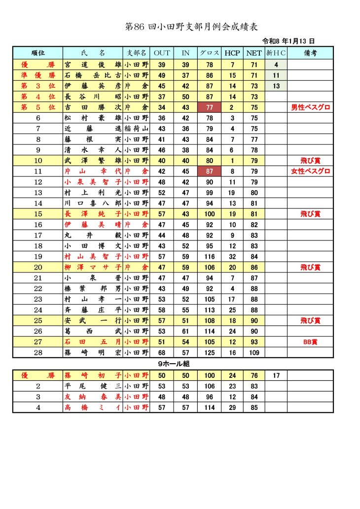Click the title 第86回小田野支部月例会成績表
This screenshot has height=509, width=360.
(x=192, y=27)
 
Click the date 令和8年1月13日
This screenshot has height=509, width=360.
(x=288, y=41)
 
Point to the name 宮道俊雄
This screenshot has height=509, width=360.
(x=93, y=65)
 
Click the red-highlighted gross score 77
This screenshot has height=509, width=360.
(x=210, y=107)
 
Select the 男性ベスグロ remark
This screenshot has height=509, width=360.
(x=310, y=107)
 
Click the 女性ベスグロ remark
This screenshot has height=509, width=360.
(x=310, y=171)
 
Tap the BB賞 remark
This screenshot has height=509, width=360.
(x=310, y=341)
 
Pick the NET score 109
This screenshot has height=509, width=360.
(x=254, y=352)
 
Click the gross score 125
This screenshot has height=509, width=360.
(x=210, y=352)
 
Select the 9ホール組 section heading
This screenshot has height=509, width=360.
(x=174, y=364)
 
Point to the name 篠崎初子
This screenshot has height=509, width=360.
(x=93, y=375)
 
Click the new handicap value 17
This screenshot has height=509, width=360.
(x=276, y=375)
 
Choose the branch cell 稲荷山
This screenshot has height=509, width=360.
(x=136, y=129)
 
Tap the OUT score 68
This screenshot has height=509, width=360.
(x=162, y=352)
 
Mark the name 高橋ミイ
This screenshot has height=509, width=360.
(x=93, y=407)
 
